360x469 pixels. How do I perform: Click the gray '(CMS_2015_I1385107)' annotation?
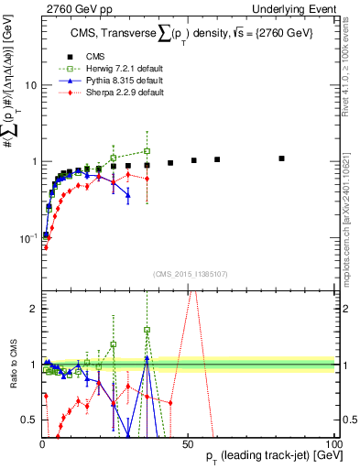[x=188, y=273]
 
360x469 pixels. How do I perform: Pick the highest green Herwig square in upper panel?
[x=147, y=151]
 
